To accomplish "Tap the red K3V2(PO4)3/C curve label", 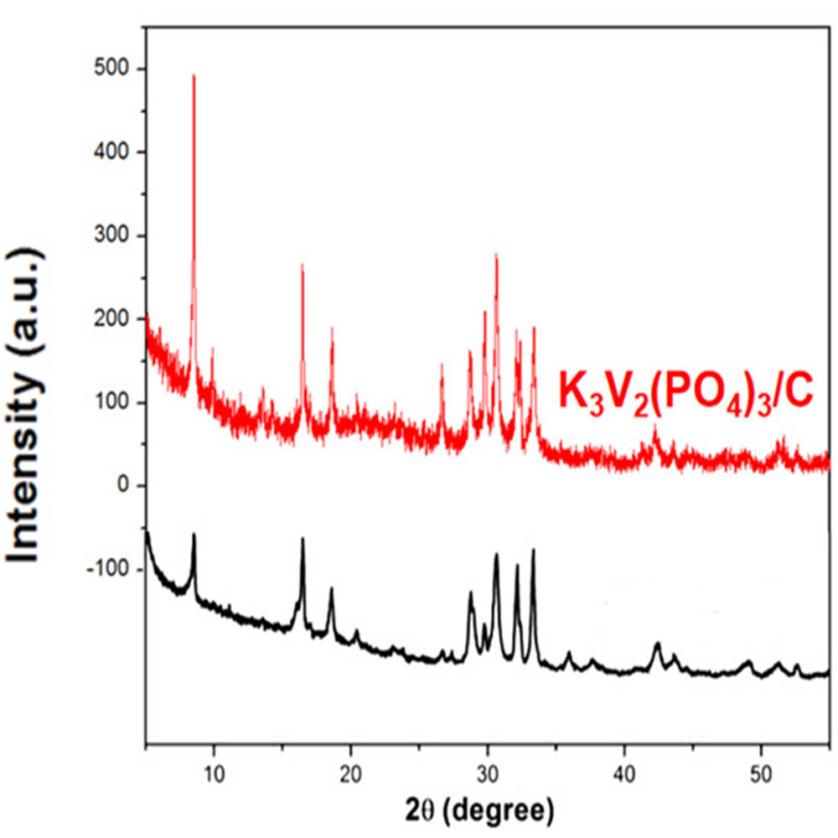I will click(x=685, y=391).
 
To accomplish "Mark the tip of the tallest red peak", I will click(x=194, y=75).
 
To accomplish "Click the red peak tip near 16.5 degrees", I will click(x=303, y=264).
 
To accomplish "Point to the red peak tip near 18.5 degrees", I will click(x=332, y=328).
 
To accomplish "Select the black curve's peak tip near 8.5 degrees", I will click(x=194, y=534).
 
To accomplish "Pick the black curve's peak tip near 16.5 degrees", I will click(x=303, y=538).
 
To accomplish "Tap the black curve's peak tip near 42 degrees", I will click(x=657, y=643).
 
